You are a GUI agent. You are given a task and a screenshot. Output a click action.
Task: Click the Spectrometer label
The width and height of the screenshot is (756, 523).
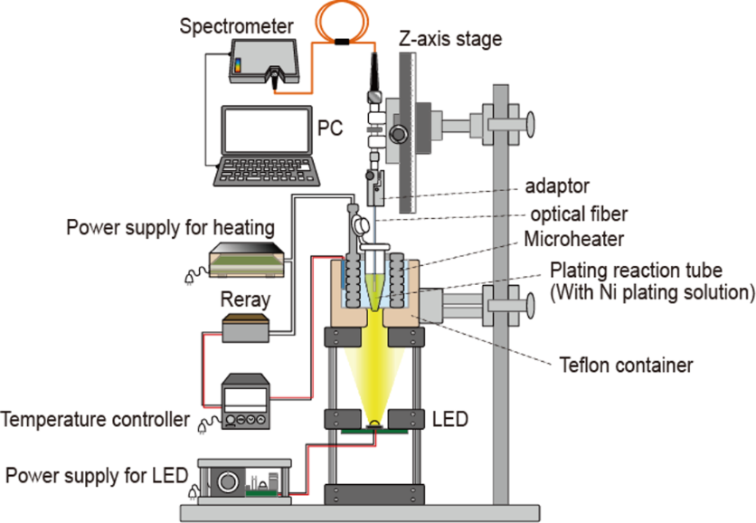(x=236, y=26)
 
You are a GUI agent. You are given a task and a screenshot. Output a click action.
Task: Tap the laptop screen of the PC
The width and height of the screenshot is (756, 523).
(x=267, y=130)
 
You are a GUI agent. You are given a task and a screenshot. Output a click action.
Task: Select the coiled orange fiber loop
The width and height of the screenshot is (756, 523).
(x=342, y=22)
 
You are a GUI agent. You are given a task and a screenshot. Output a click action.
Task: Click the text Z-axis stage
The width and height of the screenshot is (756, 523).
(x=450, y=39)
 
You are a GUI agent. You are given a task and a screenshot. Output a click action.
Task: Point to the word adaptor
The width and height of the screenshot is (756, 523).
(x=557, y=186)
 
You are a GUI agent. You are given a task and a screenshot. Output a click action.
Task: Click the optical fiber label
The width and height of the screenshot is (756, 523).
(x=579, y=214)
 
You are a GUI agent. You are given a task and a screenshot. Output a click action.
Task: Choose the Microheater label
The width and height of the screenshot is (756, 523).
(x=573, y=239)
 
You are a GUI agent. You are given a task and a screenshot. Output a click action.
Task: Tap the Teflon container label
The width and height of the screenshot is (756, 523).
(x=626, y=366)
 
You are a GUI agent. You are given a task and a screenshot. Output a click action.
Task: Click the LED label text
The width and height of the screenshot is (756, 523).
(x=449, y=419)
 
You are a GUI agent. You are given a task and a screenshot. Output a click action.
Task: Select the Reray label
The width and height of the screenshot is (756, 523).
(x=245, y=300)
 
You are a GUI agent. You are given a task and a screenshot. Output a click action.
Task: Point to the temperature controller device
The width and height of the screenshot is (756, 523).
(x=245, y=402)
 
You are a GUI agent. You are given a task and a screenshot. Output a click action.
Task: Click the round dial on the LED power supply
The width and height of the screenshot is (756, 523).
(x=228, y=481)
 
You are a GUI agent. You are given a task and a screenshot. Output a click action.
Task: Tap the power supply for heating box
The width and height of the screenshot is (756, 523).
(x=247, y=260)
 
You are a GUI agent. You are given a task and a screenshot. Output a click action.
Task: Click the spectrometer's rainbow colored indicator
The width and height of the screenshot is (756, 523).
(x=237, y=66)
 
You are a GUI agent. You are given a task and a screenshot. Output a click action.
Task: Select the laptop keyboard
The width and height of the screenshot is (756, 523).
(x=266, y=171)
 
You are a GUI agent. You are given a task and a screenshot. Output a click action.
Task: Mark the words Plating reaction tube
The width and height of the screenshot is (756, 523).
(x=636, y=271)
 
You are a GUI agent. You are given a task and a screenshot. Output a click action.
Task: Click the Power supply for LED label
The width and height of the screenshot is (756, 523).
(x=97, y=476)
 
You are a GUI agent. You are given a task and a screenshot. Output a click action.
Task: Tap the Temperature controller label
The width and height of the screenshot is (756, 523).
(x=96, y=419)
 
